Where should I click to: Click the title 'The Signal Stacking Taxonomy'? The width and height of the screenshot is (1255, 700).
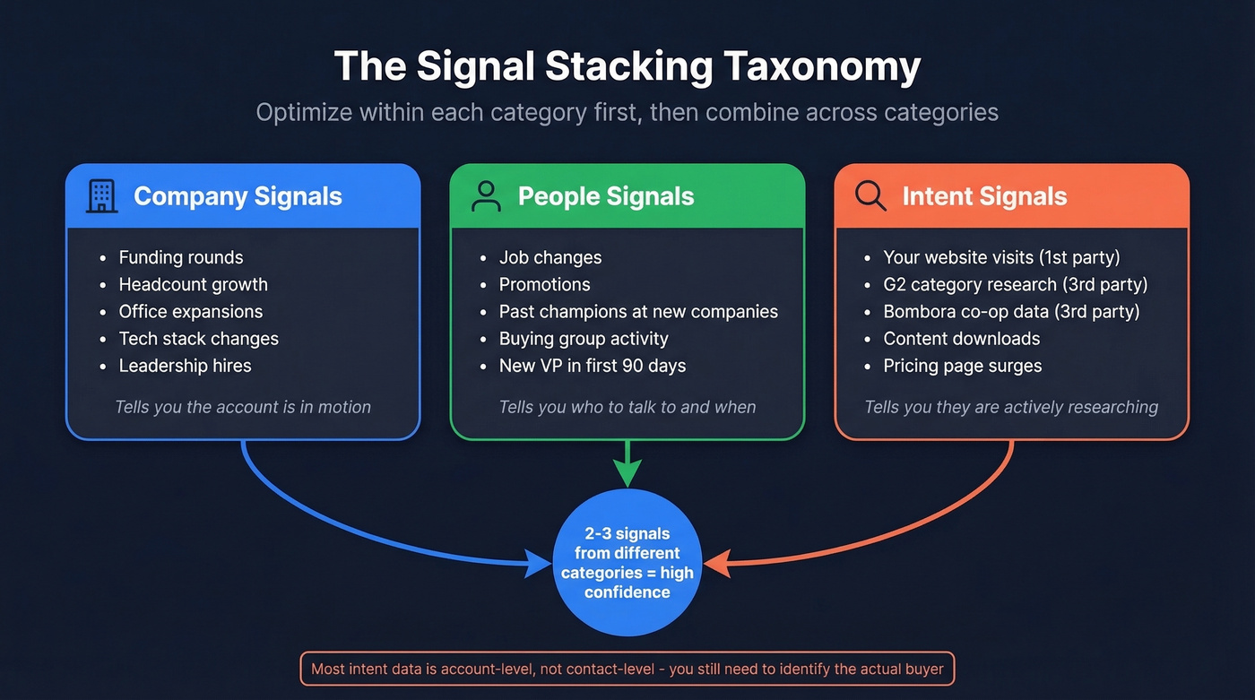[627, 67]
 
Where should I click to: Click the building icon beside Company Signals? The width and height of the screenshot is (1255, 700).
[101, 196]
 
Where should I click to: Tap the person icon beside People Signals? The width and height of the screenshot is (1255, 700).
[486, 196]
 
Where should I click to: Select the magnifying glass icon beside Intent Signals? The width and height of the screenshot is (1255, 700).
[870, 195]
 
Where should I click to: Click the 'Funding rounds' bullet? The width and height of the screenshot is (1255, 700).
[180, 257]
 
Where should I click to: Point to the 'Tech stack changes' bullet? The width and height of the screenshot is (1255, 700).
[198, 339]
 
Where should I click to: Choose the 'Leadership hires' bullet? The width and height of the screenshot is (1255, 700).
[185, 366]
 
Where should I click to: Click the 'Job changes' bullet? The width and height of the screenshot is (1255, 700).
[550, 257]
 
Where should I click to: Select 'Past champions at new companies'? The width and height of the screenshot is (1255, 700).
[638, 312]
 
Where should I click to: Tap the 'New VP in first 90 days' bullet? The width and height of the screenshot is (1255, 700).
[592, 366]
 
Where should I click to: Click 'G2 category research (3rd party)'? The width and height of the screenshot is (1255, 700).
[1015, 285]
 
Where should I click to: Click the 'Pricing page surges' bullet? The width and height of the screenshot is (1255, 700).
[962, 366]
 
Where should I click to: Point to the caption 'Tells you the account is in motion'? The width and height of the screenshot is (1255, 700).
[242, 407]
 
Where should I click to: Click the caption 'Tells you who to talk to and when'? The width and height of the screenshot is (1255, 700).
[627, 407]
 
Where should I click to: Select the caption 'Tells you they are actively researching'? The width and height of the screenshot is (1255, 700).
[1011, 407]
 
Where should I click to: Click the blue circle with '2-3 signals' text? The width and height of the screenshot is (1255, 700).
[627, 563]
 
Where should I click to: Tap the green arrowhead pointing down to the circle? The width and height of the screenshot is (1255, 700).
[627, 473]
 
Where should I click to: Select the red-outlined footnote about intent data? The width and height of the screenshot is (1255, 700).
[627, 669]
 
